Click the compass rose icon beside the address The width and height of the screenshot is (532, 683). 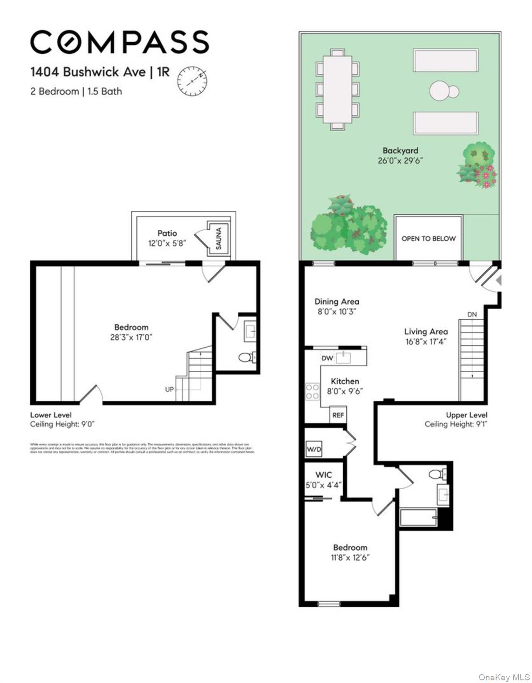tap(193, 81)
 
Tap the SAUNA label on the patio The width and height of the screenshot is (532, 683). tap(219, 238)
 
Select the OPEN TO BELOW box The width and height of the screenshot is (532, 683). tap(428, 238)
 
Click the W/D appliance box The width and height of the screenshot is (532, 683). tap(314, 449)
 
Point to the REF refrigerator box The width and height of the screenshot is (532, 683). tap(338, 415)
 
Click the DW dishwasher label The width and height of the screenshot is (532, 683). tap(327, 358)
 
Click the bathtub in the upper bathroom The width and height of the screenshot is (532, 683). tap(418, 518)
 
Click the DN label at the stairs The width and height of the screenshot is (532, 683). tap(472, 314)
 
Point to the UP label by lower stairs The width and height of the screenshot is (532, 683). tap(170, 390)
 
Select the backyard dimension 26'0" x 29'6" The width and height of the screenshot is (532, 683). tap(400, 161)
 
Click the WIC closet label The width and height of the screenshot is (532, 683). tap(323, 475)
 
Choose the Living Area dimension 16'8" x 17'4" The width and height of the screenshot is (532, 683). tap(426, 341)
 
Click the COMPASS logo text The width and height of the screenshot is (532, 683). tap(119, 42)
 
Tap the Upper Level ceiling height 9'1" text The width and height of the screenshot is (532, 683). tap(456, 424)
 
